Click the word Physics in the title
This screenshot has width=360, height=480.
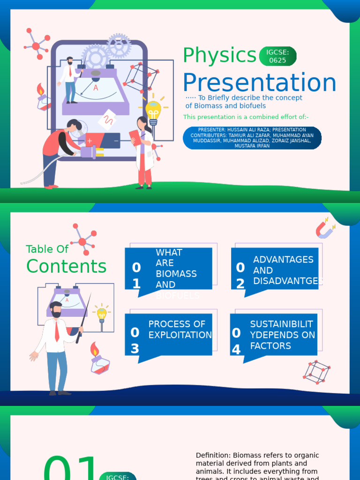[x=219, y=56]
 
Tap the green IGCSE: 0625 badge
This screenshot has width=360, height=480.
[x=277, y=56]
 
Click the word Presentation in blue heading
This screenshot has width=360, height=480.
[x=259, y=83]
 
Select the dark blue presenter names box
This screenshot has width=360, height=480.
[x=252, y=138]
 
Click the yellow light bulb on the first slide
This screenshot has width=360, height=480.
[x=153, y=111]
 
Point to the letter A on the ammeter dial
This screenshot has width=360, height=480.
[x=96, y=88]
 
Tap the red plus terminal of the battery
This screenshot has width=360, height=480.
[x=89, y=141]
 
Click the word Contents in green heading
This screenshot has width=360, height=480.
[x=67, y=266]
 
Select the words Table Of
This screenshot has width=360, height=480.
[x=47, y=249]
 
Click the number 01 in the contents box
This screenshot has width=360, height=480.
[x=136, y=276]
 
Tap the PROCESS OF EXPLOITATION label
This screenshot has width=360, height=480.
[x=180, y=330]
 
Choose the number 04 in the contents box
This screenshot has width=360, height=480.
[x=236, y=341]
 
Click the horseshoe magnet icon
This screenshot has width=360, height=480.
[x=324, y=229]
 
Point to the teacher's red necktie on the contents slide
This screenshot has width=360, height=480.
[x=57, y=331]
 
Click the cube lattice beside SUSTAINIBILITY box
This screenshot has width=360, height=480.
[x=316, y=372]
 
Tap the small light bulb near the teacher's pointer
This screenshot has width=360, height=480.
[x=102, y=315]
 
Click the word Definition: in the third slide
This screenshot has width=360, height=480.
[x=214, y=455]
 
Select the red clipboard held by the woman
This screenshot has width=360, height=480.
[x=135, y=137]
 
